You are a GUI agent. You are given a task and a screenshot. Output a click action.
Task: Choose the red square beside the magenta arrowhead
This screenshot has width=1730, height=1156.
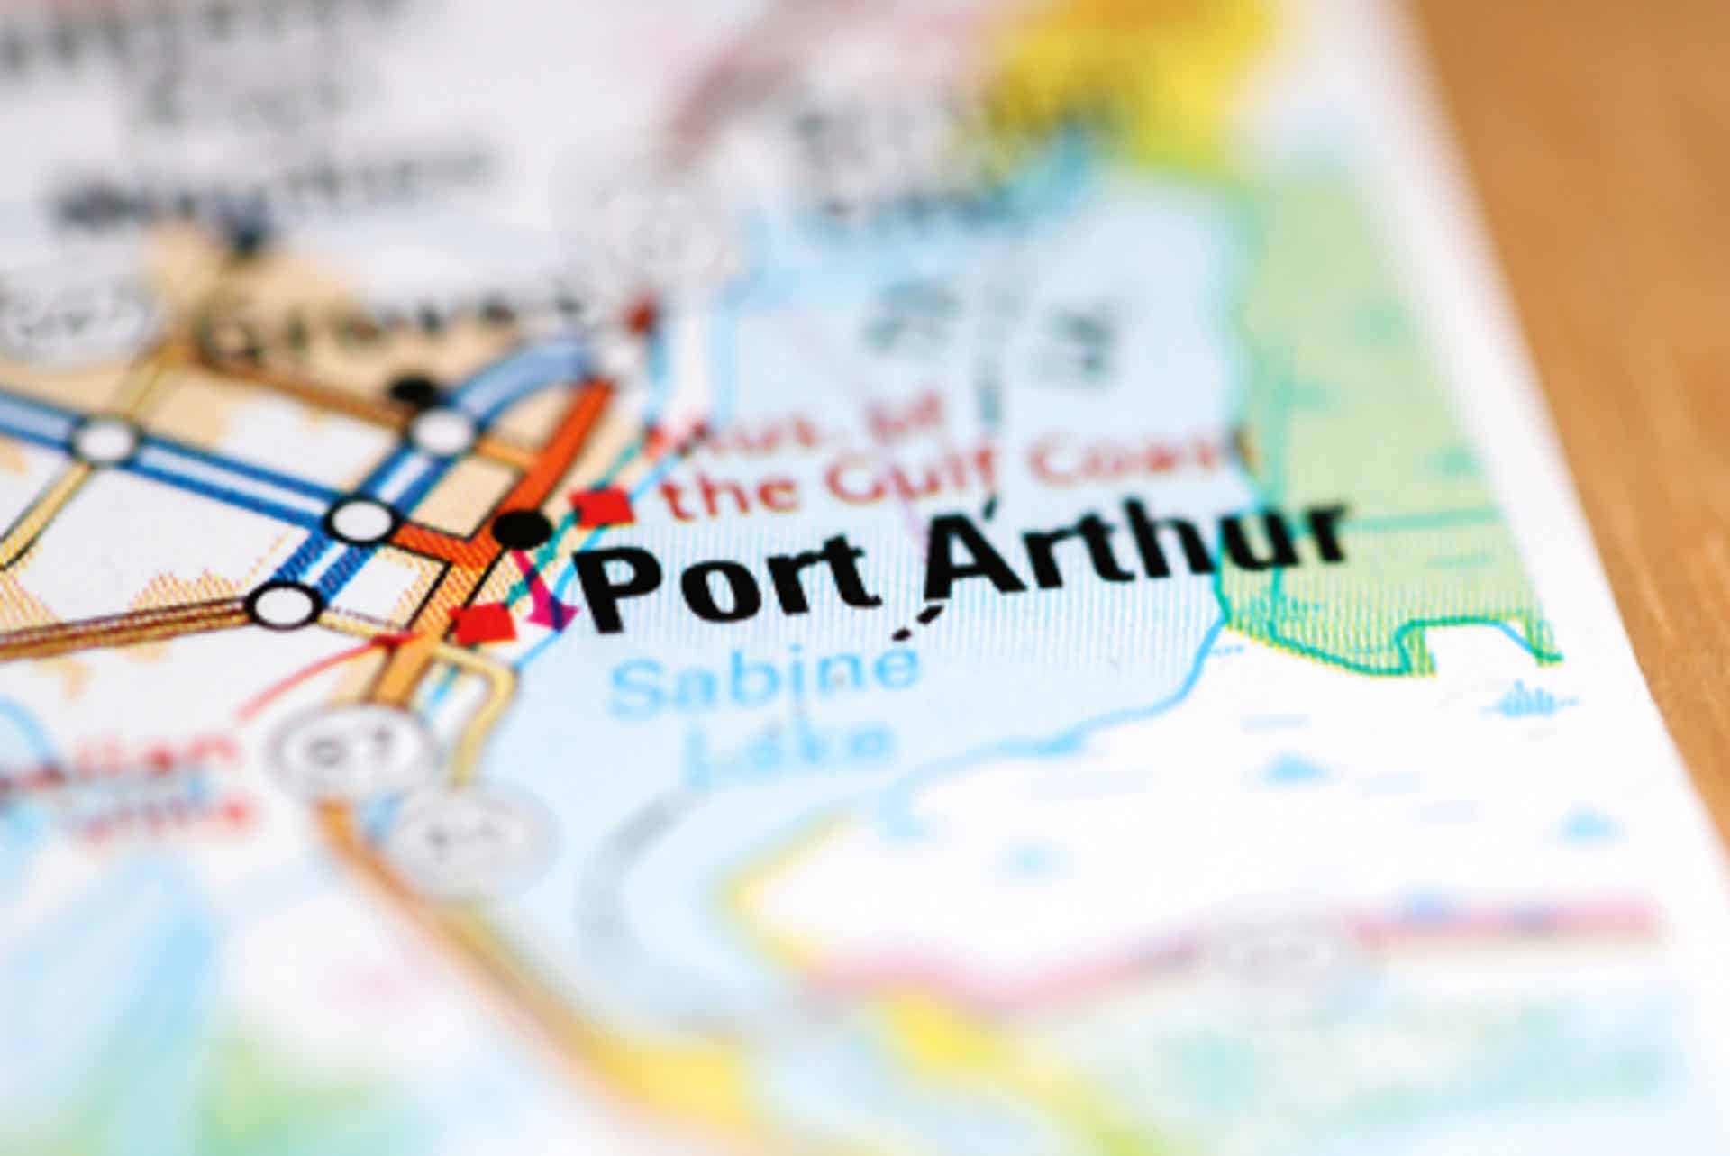[484, 622]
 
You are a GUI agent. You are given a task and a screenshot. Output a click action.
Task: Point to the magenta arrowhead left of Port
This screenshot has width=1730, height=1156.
[554, 615]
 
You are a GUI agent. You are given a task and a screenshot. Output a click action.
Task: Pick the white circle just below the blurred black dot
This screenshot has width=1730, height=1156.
[441, 431]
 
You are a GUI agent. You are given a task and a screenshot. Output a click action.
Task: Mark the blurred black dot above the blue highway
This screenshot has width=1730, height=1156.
[414, 390]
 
